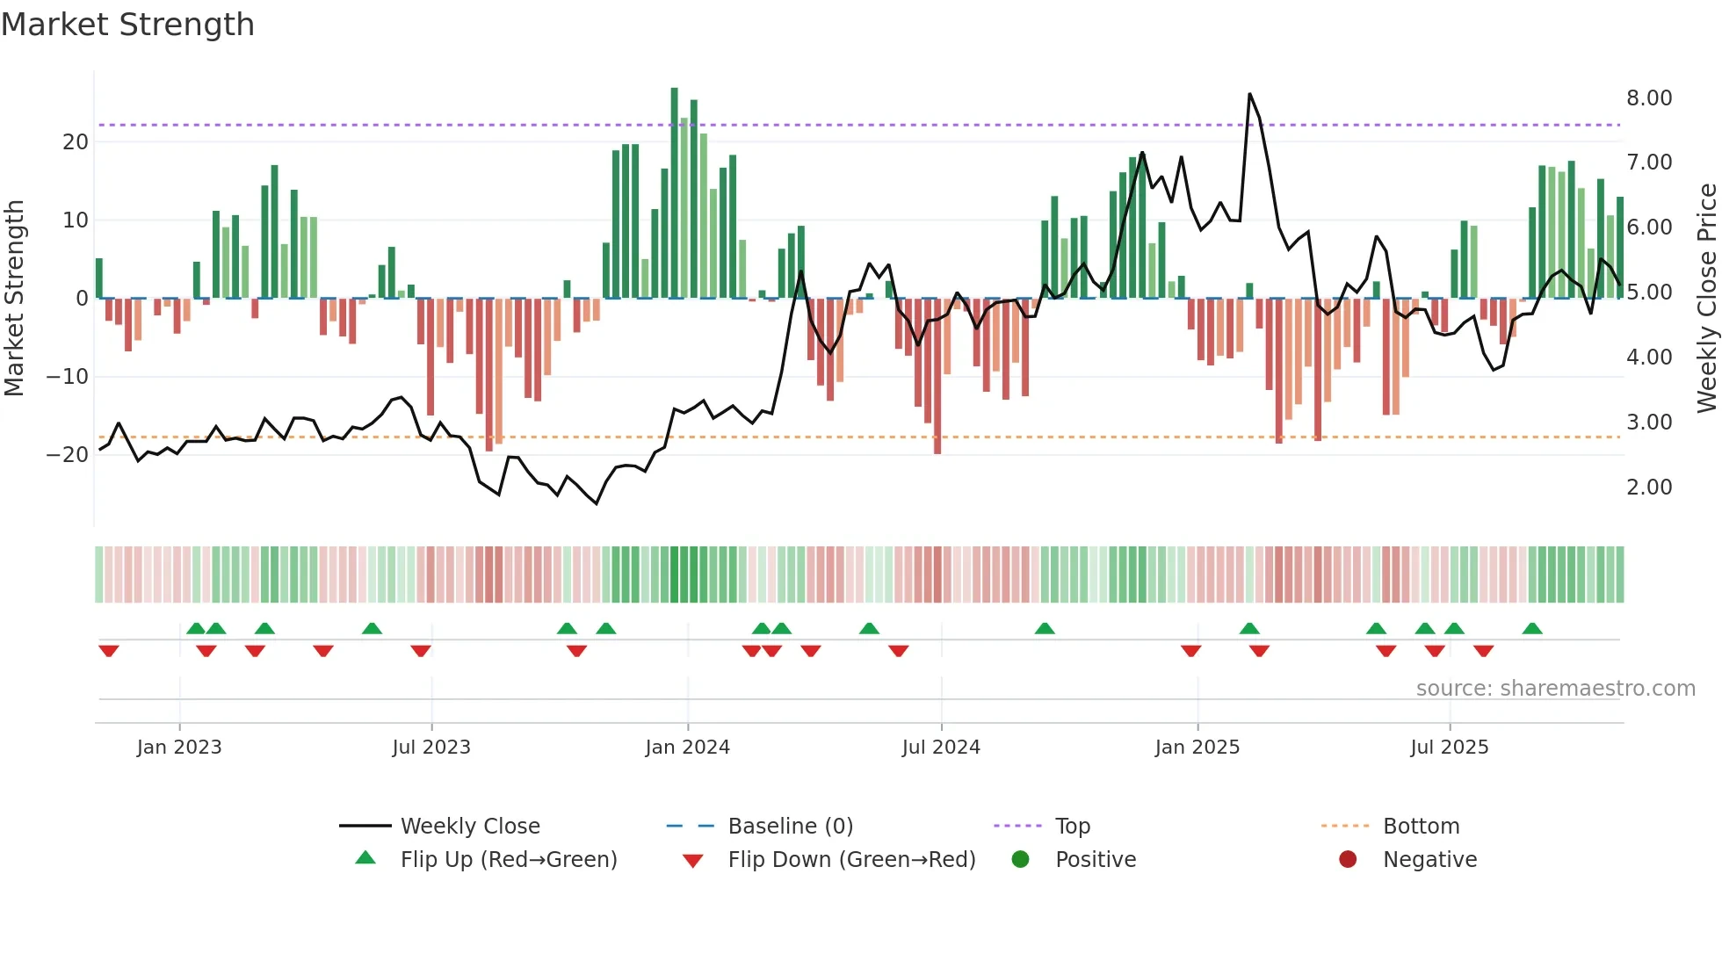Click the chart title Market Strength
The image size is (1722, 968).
pos(127,25)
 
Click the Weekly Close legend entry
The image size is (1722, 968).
pos(469,826)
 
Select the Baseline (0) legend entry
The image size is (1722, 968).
pos(790,826)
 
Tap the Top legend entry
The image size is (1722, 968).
pos(1072,826)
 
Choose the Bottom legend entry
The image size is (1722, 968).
pos(1421,826)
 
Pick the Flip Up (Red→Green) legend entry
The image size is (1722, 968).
pos(508,859)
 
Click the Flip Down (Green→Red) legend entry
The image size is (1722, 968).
pos(850,859)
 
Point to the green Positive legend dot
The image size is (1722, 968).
pos(1020,859)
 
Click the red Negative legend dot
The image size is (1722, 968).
pos(1348,859)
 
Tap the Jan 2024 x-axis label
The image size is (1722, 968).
pos(687,748)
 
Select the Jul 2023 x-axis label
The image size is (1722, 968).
pos(431,748)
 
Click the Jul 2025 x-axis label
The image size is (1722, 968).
pos(1450,748)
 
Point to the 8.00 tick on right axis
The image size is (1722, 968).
pos(1649,98)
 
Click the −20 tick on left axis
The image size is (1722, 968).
pos(68,455)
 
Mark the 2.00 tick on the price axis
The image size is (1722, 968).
pos(1649,488)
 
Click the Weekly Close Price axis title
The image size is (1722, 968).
pos(1706,298)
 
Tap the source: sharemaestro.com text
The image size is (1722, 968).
pos(1555,689)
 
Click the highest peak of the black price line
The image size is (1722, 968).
pos(1249,94)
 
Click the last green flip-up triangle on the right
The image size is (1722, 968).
pos(1532,629)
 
